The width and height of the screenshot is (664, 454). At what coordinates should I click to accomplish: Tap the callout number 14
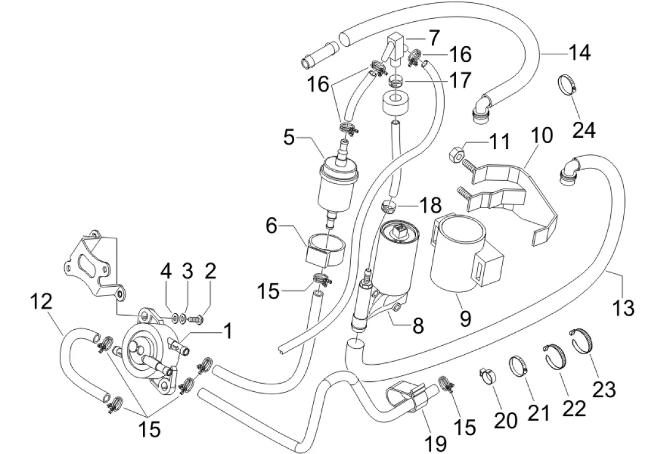coord(578,53)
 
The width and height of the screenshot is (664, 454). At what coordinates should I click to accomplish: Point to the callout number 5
coord(289,138)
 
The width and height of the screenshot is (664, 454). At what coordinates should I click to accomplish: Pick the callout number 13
coord(623,307)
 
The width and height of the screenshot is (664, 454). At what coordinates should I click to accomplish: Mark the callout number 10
coord(542,135)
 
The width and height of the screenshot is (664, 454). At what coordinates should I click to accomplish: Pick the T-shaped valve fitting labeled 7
coord(395,47)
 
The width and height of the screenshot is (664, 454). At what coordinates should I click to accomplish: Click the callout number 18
coord(430,205)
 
